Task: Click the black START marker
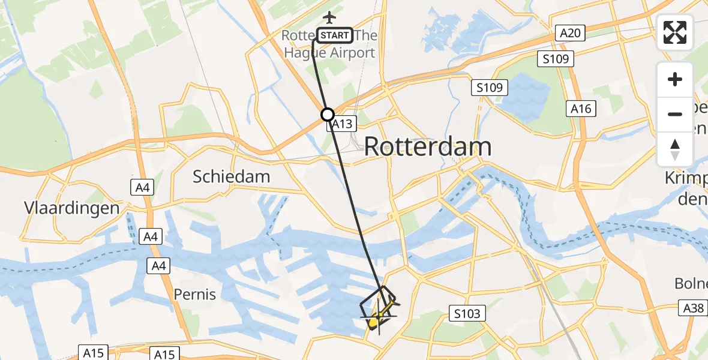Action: (334, 35)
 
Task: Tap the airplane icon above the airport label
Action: (329, 17)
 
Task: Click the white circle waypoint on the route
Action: (328, 114)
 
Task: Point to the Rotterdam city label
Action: (428, 146)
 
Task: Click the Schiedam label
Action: (231, 176)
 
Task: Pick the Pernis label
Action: (194, 295)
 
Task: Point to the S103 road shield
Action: (468, 313)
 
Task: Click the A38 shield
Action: (694, 308)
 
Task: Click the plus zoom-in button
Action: (675, 79)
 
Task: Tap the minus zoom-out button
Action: (675, 114)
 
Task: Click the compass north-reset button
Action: (675, 149)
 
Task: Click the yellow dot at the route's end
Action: (373, 323)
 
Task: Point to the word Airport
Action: (347, 53)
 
